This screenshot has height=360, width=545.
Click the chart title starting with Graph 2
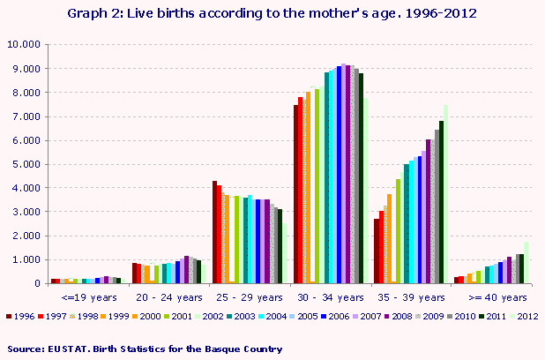click(272, 14)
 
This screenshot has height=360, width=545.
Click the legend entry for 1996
click(21, 315)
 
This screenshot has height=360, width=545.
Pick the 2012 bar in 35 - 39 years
click(446, 195)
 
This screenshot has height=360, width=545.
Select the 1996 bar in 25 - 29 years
click(214, 232)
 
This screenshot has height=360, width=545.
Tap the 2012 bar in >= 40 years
click(526, 263)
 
